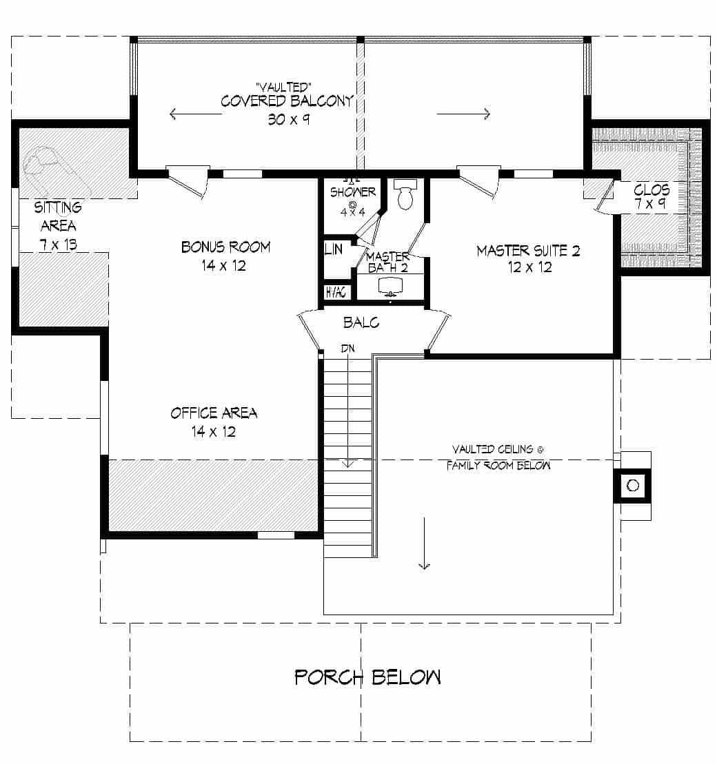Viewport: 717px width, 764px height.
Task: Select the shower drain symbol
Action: tap(352, 205)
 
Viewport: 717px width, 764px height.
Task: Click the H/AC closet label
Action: tap(336, 293)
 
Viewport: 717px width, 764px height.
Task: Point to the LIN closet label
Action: tap(333, 249)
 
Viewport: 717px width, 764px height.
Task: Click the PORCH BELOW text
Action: tap(367, 677)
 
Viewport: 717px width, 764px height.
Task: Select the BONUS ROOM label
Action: tap(225, 247)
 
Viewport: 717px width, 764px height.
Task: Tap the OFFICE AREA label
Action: tap(214, 413)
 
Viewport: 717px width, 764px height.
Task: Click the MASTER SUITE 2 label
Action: tap(528, 251)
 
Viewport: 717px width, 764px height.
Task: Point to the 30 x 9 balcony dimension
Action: tap(287, 118)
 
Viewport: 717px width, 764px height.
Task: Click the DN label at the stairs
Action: tap(348, 349)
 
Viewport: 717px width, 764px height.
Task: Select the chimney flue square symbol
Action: tap(633, 486)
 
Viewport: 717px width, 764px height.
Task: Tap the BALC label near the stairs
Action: tap(361, 322)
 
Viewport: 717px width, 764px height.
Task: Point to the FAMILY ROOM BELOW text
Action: tap(498, 466)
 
